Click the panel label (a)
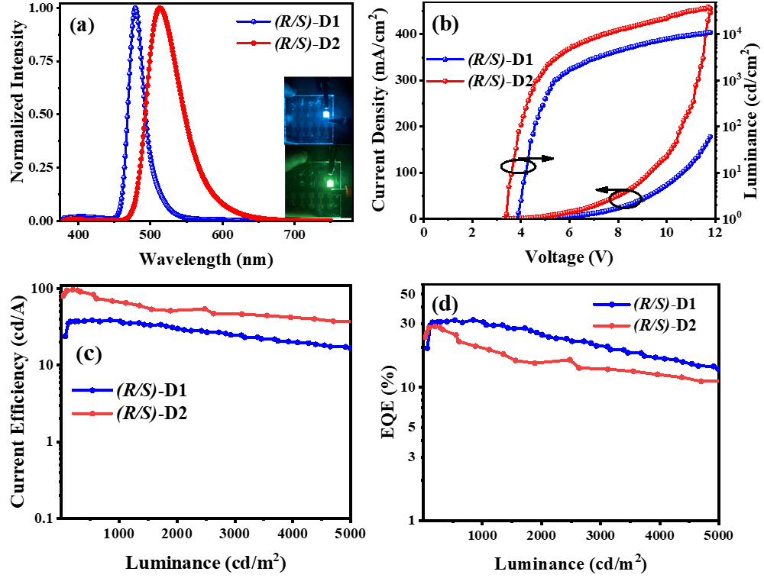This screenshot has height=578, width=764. pos(81,26)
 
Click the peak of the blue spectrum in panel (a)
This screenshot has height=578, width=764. pos(135,8)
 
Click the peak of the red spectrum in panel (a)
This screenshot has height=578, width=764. pos(160,8)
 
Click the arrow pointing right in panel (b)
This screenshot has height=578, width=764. pos(544,158)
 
